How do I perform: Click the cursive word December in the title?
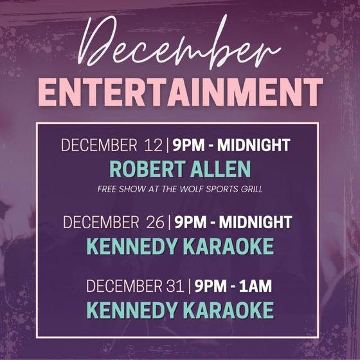[179, 42]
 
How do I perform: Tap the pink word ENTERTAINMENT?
[181, 93]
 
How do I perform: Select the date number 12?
[153, 145]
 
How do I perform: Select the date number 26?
[155, 222]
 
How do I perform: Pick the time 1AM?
[255, 286]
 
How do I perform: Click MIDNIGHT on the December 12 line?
[254, 145]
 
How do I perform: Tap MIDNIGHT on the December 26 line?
[255, 222]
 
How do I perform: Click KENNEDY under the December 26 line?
[132, 246]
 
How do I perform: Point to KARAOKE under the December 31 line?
[228, 310]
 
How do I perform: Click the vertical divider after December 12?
[167, 145]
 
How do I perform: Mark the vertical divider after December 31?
[190, 286]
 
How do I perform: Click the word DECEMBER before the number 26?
[101, 222]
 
